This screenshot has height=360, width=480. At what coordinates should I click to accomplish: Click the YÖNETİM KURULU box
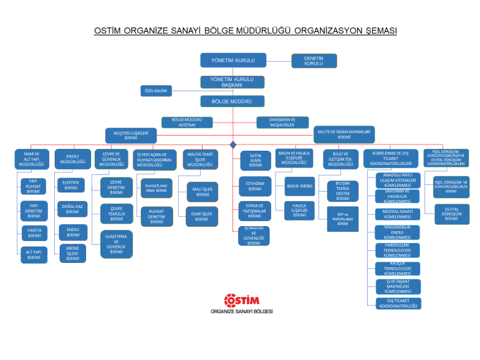click(233, 60)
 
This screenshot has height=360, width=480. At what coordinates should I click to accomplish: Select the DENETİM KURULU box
click(314, 60)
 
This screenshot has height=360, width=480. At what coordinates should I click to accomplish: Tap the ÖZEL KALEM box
click(156, 91)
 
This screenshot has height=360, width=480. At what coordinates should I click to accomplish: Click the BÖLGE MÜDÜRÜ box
click(233, 101)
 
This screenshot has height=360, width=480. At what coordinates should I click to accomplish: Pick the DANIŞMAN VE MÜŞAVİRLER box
click(282, 122)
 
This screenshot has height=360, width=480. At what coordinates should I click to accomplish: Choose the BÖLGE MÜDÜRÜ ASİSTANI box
click(187, 122)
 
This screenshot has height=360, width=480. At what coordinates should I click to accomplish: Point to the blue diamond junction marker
click(233, 144)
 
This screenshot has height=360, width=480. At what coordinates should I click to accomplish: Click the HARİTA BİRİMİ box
click(34, 232)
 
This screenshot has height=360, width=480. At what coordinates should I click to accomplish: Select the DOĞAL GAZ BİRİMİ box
click(73, 209)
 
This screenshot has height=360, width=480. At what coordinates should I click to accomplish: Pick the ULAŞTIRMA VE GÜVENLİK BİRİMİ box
click(117, 244)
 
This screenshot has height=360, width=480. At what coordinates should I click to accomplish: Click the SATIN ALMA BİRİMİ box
click(255, 160)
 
